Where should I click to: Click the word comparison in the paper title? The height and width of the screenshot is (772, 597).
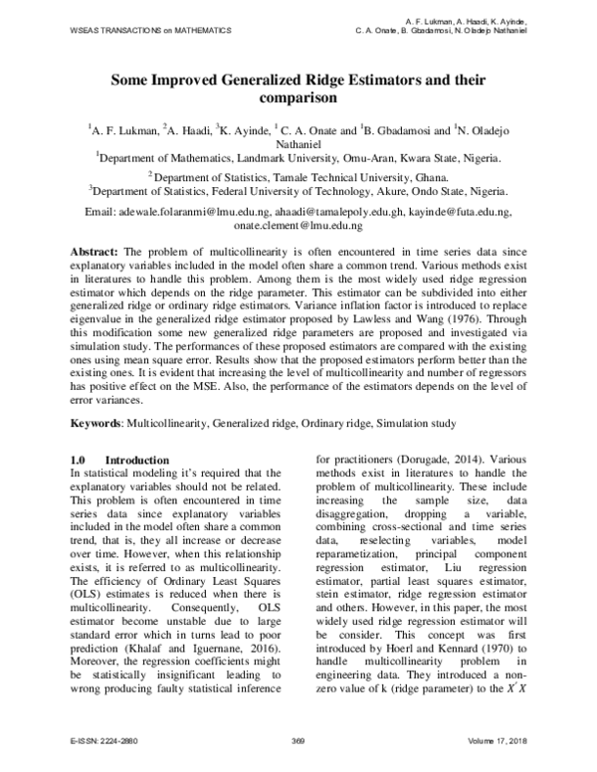coord(298,98)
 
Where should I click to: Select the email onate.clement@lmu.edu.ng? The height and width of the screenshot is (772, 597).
coord(298,226)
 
